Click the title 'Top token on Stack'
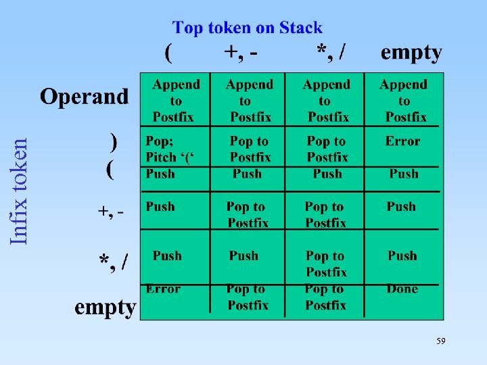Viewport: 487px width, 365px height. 248,28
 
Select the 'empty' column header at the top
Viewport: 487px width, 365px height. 411,53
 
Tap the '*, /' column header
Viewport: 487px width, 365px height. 333,52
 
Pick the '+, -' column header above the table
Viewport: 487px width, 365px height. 243,53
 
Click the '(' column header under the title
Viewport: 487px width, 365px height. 169,53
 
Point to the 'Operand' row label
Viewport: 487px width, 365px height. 84,97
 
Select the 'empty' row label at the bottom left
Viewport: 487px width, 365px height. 105,307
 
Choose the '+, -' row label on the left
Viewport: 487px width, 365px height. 111,212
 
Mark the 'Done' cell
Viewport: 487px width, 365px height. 402,289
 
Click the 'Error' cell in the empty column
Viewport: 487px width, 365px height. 402,141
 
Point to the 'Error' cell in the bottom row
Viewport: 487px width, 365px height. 163,289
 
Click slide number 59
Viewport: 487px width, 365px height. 440,342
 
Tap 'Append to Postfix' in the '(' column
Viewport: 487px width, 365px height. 175,101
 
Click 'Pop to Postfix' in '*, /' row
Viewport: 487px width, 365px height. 325,264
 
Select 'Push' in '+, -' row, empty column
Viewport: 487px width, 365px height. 401,207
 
